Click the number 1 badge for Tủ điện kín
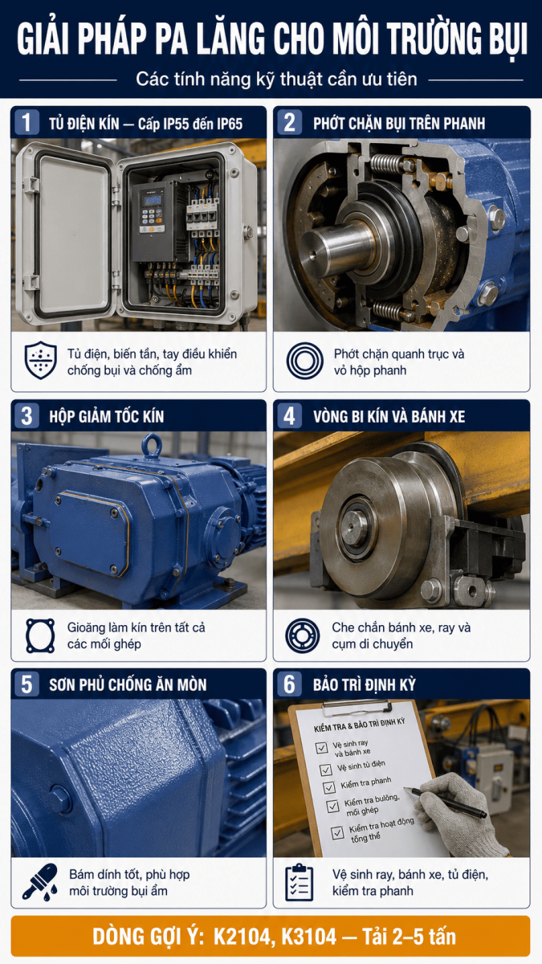tap(26, 122)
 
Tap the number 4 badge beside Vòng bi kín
tap(290, 416)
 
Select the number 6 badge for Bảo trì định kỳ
tap(290, 684)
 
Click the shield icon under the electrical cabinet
tap(40, 361)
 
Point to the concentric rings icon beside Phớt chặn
tap(304, 361)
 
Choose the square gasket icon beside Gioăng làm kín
tap(40, 635)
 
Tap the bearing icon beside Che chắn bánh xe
tap(303, 635)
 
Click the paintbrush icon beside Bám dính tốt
tap(40, 881)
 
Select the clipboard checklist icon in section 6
tap(300, 883)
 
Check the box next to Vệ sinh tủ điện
tap(326, 770)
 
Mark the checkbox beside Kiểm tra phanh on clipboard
tap(329, 787)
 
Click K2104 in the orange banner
tap(243, 937)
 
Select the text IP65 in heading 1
tap(230, 124)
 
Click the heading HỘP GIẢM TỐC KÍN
tap(106, 417)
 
